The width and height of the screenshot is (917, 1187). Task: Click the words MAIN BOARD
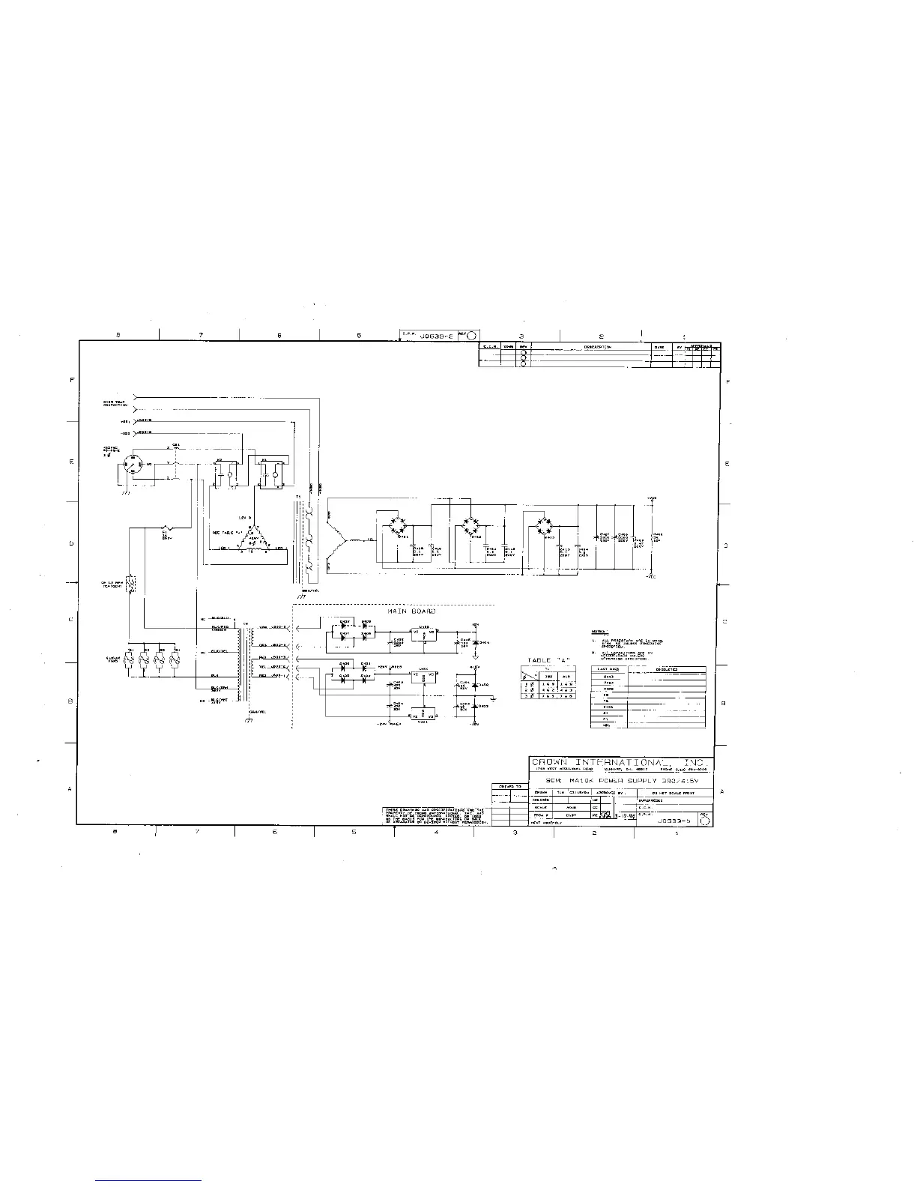[x=411, y=611]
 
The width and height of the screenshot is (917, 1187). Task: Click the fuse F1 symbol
[x=166, y=528]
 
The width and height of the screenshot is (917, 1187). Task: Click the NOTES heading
[x=599, y=632]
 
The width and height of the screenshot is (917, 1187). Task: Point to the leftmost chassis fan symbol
[x=130, y=660]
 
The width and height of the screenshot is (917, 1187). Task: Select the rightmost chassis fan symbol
[x=176, y=660]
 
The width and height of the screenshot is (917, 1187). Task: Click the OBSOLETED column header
[x=667, y=669]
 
